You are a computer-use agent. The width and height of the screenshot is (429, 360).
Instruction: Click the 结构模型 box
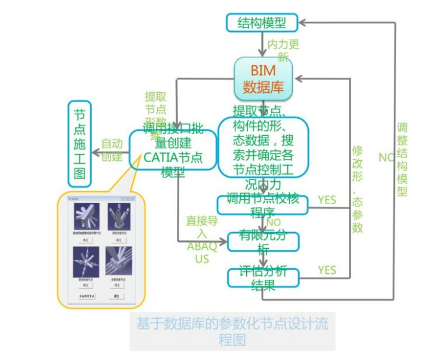261,23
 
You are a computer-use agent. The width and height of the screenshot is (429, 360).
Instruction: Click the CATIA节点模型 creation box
173,151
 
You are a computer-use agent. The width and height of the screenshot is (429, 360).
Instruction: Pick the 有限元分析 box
263,242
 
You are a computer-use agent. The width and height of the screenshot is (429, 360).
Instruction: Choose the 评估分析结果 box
263,277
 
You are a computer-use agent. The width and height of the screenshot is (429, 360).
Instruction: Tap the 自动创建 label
111,150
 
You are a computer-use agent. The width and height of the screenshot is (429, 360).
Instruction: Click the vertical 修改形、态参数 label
357,189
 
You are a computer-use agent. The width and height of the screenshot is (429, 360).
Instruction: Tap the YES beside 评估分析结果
327,270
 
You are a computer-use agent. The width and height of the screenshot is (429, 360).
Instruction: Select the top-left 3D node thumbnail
84,213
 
